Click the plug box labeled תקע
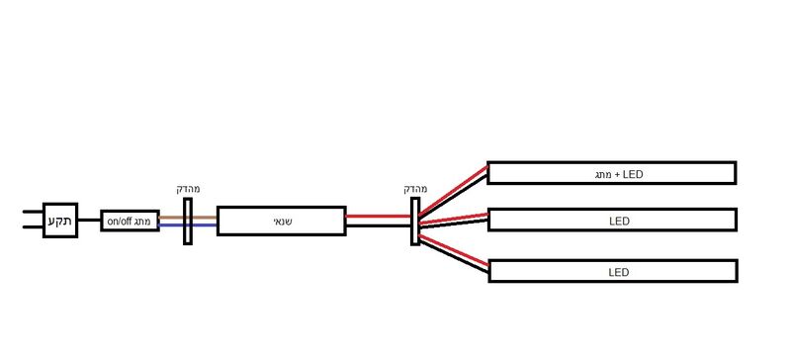click(x=60, y=221)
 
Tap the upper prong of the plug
click(x=33, y=212)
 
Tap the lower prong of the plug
click(x=33, y=227)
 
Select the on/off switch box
click(x=131, y=221)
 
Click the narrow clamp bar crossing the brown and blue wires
click(x=188, y=222)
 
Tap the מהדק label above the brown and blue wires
click(x=188, y=189)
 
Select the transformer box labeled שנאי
click(x=282, y=221)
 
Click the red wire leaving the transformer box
click(x=379, y=217)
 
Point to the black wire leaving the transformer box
click(x=379, y=225)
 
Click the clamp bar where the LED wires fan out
click(x=415, y=222)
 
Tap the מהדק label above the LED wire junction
click(x=415, y=189)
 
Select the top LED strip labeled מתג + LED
click(x=611, y=173)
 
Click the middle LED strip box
click(x=612, y=220)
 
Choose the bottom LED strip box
click(x=613, y=271)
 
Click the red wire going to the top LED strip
click(x=454, y=190)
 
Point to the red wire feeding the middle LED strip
click(x=454, y=219)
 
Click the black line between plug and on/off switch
click(x=89, y=221)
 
